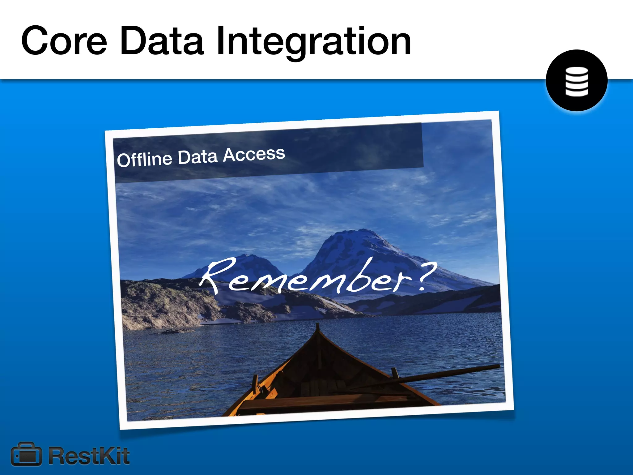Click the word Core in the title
(x=64, y=41)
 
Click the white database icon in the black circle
(x=576, y=81)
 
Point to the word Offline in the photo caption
(x=144, y=160)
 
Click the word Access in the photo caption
(x=254, y=154)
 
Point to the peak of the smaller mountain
(x=247, y=255)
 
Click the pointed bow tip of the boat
(x=317, y=325)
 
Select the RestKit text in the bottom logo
(x=89, y=456)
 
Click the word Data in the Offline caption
(x=198, y=157)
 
